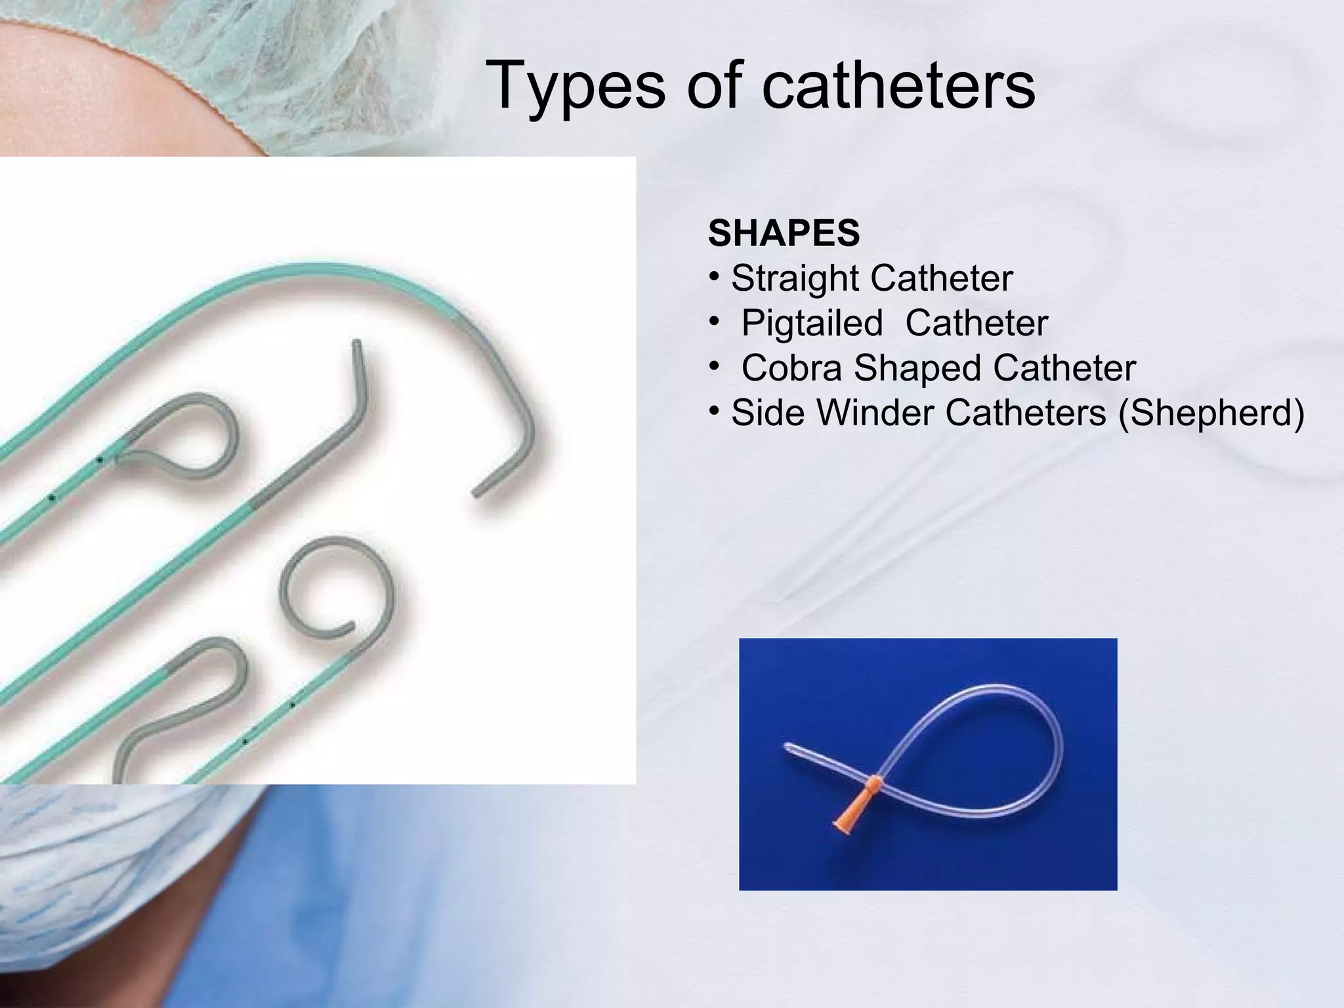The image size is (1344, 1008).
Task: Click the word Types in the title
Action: coord(575,87)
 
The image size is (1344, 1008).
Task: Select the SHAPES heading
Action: coord(784,233)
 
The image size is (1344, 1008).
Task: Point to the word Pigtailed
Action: coord(812,323)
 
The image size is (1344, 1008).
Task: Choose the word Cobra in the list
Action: coord(791,367)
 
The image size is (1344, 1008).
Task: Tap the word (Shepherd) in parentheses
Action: coord(1211,413)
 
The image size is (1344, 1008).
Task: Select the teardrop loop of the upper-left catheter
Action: coord(190,433)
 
